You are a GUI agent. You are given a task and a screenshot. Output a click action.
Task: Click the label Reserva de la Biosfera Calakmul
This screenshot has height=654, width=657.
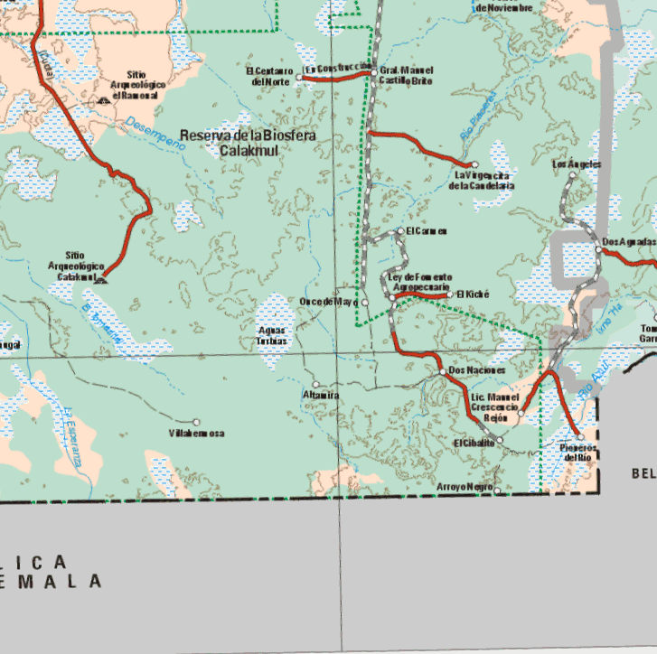(x=248, y=143)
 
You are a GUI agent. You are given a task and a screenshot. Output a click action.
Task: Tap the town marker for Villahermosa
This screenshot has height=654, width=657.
(x=196, y=422)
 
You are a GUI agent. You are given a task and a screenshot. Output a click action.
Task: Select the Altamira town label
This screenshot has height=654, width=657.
(x=320, y=396)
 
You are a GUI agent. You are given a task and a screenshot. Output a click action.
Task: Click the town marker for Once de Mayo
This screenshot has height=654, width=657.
(x=355, y=302)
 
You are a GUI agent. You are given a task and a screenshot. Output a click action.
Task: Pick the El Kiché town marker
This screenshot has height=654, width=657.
(x=451, y=294)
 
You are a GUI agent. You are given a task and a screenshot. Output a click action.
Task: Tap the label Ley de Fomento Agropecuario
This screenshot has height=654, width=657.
(x=420, y=282)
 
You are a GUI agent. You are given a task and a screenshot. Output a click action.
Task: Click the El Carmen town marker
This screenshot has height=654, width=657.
(x=400, y=230)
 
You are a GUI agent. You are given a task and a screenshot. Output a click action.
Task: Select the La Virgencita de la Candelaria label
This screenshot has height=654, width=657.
(x=484, y=180)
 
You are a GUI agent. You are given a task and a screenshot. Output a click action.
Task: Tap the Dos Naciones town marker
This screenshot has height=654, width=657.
(x=442, y=371)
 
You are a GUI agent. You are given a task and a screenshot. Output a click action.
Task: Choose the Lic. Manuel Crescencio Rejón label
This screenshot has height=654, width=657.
(x=494, y=407)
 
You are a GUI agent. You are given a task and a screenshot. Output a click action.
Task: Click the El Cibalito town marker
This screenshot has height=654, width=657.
(x=500, y=440)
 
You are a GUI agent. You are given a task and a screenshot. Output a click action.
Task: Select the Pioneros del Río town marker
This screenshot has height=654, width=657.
(x=580, y=437)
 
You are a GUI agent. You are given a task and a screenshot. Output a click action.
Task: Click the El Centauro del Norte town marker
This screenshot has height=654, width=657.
(x=299, y=79)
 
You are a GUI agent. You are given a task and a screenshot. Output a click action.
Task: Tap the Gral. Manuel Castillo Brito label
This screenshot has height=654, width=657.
(x=406, y=76)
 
